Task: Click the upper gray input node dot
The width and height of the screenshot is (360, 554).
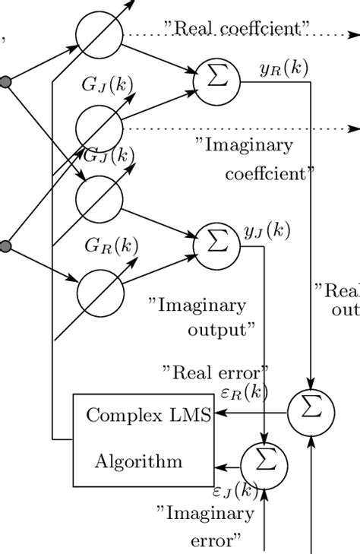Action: point(5,81)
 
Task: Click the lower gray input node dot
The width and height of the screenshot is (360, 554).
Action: point(5,245)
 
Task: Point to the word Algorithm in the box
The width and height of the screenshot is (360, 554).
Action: point(138,461)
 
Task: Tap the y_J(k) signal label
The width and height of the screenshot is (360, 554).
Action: point(267,231)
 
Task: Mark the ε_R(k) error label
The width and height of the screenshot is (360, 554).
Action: point(244,392)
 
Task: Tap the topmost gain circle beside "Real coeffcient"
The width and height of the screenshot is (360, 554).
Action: point(99,33)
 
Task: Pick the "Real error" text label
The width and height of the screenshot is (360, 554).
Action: point(215,372)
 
